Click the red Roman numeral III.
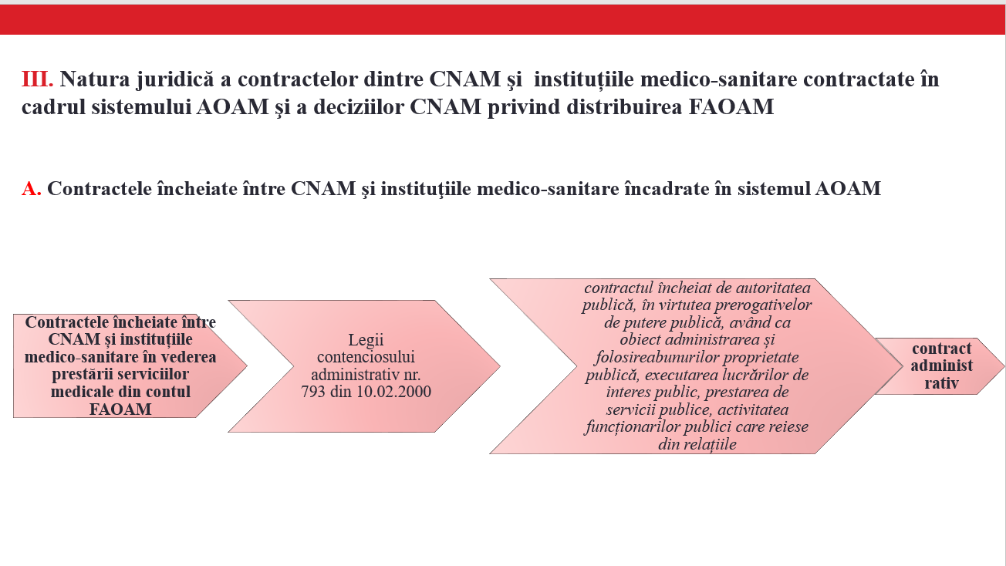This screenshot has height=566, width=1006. point(37,79)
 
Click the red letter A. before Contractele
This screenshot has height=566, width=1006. point(31,189)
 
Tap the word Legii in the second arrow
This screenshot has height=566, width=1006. point(366,340)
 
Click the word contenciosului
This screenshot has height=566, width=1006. point(366,357)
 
